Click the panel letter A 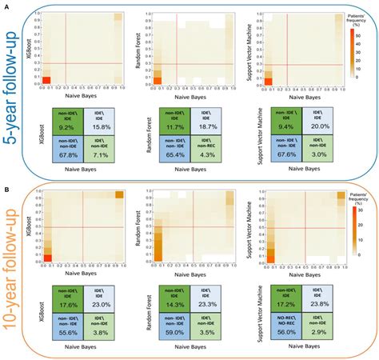pyautogui.click(x=6, y=4)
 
